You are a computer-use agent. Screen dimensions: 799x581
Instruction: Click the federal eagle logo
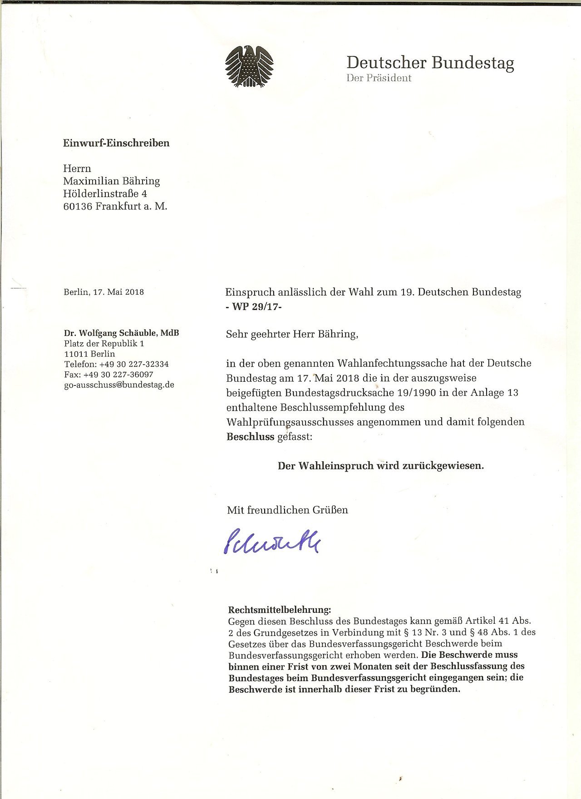point(249,66)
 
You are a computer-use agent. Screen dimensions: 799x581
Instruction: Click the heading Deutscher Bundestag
point(430,63)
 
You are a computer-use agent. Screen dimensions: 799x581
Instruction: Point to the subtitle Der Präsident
point(379,78)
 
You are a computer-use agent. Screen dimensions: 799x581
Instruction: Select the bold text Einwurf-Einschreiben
point(116,143)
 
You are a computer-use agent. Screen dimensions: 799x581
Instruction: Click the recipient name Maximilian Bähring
point(112,181)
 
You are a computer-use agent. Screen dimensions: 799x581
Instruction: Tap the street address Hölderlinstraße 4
point(105,194)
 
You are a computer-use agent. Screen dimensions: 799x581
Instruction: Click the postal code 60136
point(78,207)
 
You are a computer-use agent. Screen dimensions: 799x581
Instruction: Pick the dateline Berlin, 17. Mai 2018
point(103,292)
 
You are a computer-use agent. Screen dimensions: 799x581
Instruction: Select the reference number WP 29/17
point(254,306)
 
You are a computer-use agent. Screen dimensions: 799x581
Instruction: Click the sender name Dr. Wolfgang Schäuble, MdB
point(121,333)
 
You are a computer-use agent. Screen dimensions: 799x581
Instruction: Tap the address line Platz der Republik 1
point(104,344)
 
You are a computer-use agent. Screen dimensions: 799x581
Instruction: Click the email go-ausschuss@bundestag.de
point(119,385)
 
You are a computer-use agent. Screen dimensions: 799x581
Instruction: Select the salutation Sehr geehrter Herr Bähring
point(292,335)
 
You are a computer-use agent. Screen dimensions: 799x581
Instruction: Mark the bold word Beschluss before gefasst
point(251,437)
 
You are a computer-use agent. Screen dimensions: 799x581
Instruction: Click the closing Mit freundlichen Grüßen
point(287,510)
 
